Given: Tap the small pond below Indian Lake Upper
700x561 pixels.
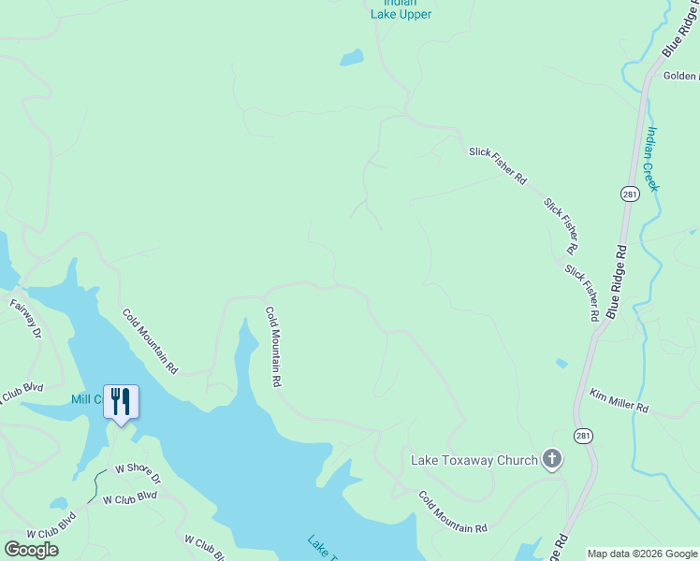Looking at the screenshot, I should (352, 58).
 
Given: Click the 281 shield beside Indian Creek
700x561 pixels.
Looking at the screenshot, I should (630, 194).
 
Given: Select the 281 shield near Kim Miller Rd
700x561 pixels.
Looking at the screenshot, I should (583, 435).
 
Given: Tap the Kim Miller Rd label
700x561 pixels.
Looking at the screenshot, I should (619, 402).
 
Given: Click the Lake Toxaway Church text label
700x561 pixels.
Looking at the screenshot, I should (474, 460).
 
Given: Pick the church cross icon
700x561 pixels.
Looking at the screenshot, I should (552, 459).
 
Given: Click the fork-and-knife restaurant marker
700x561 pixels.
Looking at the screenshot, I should (121, 402).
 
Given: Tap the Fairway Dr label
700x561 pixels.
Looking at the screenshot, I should (26, 318).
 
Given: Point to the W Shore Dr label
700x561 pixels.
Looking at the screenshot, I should (138, 473).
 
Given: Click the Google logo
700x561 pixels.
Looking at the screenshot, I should (31, 550).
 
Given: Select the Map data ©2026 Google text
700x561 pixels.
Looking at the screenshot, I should (642, 554).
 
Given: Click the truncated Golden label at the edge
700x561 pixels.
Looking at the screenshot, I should (681, 76).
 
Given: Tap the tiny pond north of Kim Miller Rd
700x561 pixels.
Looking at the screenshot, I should (561, 363).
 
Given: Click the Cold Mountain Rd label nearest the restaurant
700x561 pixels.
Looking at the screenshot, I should (151, 341).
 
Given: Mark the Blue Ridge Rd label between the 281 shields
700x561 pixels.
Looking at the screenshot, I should (618, 281).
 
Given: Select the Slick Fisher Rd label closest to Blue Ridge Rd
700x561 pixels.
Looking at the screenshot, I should (581, 293).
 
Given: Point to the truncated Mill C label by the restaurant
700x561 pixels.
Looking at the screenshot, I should (86, 399).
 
